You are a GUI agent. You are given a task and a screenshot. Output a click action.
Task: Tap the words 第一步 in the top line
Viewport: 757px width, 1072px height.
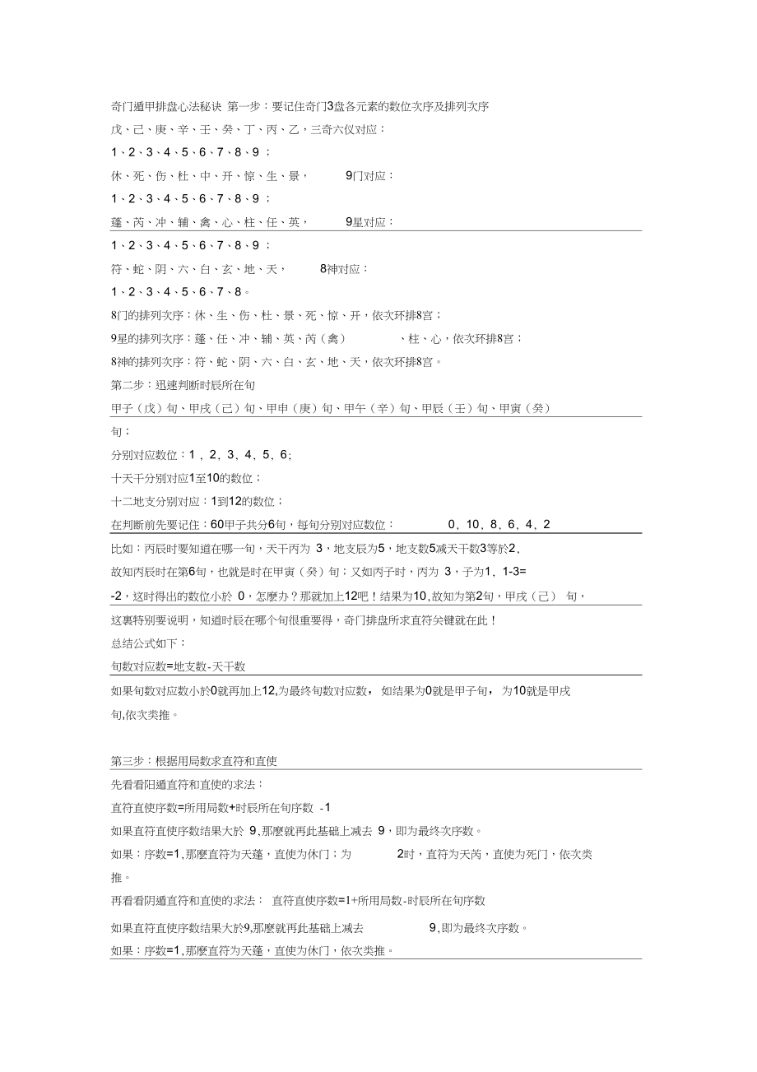[x=244, y=106]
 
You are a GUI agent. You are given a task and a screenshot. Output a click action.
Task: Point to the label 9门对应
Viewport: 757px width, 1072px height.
[x=369, y=176]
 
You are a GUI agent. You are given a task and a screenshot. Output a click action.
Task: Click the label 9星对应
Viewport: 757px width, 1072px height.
[x=369, y=222]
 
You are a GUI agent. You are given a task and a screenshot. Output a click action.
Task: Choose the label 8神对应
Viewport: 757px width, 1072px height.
[x=344, y=269]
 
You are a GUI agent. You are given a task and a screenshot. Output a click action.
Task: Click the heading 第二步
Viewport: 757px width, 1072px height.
[x=128, y=385]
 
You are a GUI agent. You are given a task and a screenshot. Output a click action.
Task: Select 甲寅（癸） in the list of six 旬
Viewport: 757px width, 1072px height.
[x=525, y=408]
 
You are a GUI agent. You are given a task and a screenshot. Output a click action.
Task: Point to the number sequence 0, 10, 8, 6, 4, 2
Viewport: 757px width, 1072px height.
[x=499, y=525]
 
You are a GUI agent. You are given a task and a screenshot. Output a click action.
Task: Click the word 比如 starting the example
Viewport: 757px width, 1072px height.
[x=122, y=548]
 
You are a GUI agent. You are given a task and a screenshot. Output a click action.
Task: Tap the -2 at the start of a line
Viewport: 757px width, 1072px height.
[x=118, y=596]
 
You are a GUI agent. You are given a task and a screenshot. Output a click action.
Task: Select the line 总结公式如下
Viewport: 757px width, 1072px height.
[x=148, y=643]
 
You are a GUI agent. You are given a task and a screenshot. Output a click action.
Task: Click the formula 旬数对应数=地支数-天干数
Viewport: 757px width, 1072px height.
[x=178, y=667]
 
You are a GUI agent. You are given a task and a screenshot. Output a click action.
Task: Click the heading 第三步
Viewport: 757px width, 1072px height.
[x=128, y=761]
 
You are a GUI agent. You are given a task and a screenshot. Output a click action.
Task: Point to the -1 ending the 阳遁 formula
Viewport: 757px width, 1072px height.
[x=325, y=808]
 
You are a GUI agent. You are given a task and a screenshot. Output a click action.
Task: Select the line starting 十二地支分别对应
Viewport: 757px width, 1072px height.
[x=197, y=501]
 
